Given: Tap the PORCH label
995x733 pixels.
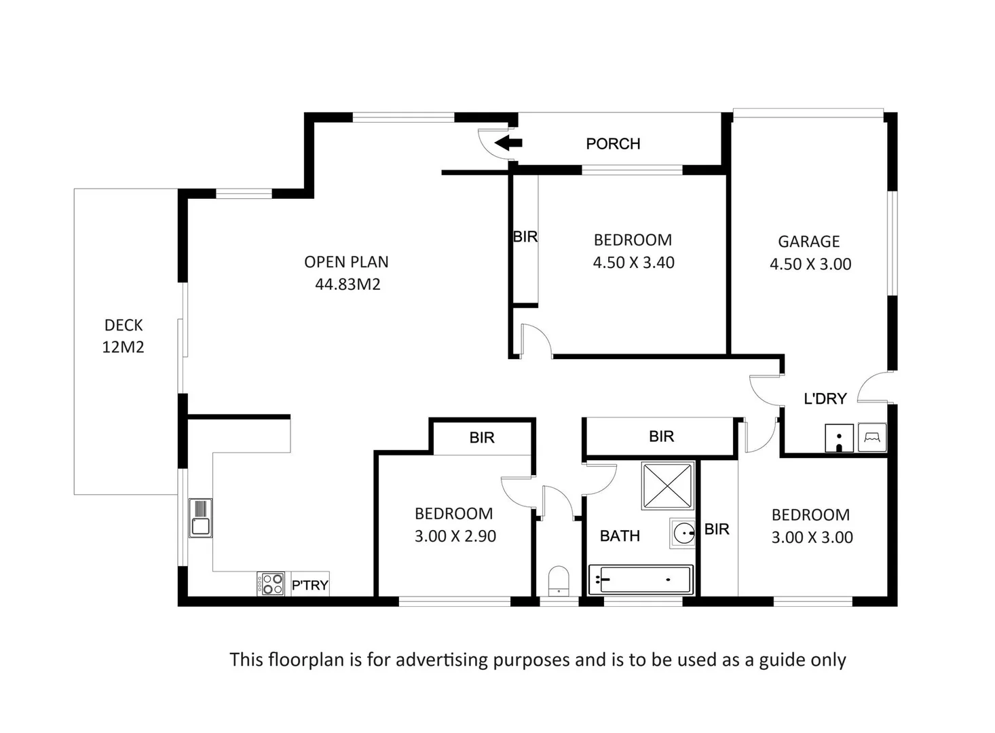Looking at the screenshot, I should coord(613,144).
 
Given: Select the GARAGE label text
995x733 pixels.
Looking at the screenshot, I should coord(808,242).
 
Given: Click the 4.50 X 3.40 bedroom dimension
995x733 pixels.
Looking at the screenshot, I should coord(633,263).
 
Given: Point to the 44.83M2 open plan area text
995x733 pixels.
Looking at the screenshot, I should coord(348,284).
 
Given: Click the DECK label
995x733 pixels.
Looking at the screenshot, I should coord(124,325).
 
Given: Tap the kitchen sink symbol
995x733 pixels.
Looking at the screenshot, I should coord(200,518).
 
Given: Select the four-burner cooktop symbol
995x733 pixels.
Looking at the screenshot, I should coord(270,584).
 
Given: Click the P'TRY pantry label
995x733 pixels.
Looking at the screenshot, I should coord(309,585).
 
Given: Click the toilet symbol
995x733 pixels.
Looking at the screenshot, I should coord(558,581).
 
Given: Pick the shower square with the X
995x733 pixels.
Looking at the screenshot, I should coord(668,486).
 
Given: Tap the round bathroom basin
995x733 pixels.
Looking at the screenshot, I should coord(683,533).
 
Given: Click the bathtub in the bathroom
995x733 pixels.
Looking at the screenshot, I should coord(640,580).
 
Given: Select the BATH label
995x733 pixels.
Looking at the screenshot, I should coord(620,536).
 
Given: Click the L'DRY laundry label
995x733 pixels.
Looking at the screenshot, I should coord(825,399).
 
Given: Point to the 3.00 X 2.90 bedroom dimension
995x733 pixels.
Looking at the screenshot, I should coord(455,536).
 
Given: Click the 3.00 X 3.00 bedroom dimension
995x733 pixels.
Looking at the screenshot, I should coord(812,538).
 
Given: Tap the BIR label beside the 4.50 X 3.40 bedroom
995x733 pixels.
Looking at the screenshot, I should coord(525,237).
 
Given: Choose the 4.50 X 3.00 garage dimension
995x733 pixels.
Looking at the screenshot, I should coord(810,264).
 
